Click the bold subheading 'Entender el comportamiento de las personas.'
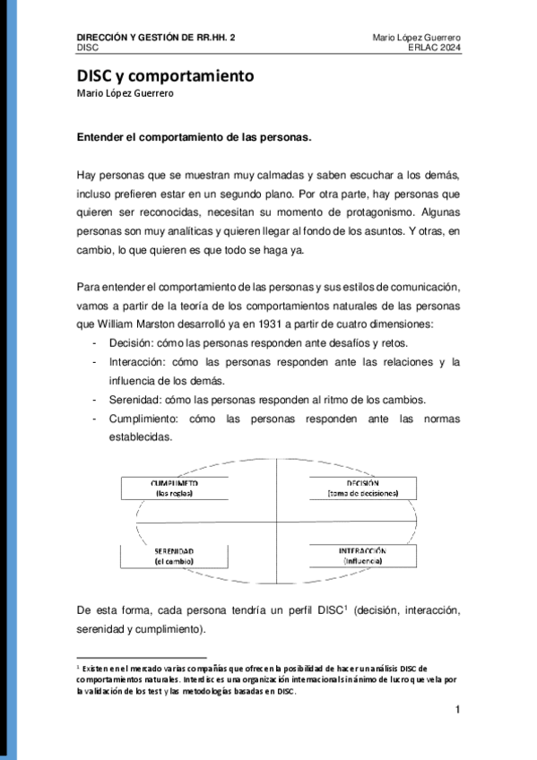[194, 139]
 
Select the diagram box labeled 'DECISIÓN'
[362, 488]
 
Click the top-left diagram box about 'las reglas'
[175, 488]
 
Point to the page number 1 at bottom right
[458, 712]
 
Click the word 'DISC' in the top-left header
[88, 47]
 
